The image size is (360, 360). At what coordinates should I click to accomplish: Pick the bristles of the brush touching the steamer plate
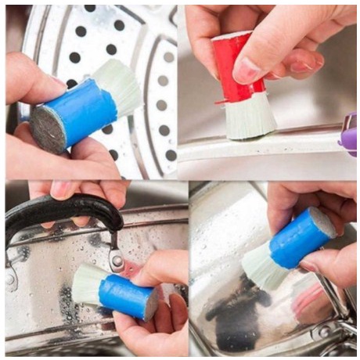tap(121, 85)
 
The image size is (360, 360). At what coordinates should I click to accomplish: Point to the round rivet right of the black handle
tap(117, 261)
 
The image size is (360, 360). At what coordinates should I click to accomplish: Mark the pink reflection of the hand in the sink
tap(309, 305)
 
